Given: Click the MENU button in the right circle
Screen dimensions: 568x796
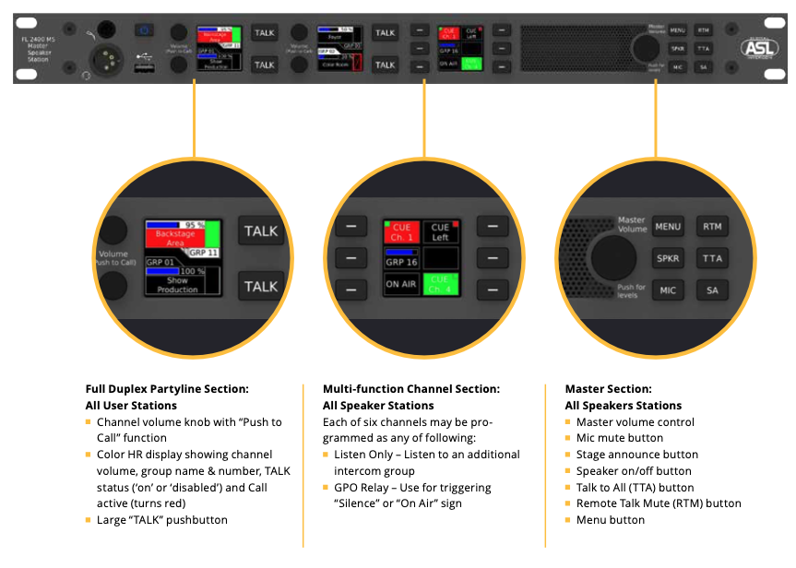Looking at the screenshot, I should click(x=668, y=226).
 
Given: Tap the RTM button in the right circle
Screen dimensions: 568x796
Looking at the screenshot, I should click(x=712, y=226).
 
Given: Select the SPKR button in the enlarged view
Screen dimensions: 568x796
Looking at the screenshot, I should click(x=668, y=259).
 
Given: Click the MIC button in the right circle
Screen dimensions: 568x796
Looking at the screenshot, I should click(x=668, y=291).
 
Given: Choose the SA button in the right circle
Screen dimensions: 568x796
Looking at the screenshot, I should click(x=712, y=291).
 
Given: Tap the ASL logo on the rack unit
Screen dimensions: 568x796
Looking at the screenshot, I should click(x=759, y=49).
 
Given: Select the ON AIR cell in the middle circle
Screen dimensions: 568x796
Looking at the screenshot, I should click(x=402, y=285).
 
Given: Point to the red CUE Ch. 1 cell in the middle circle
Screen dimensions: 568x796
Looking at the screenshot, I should click(x=402, y=231).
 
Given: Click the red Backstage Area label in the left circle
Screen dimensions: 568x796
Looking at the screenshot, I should click(x=175, y=239).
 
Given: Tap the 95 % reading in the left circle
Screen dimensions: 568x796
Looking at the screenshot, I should click(x=194, y=224).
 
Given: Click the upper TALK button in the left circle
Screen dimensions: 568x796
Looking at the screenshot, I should click(x=261, y=231).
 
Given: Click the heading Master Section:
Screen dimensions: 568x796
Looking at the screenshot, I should click(x=608, y=389).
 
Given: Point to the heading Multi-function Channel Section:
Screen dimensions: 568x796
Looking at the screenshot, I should click(x=411, y=389).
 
